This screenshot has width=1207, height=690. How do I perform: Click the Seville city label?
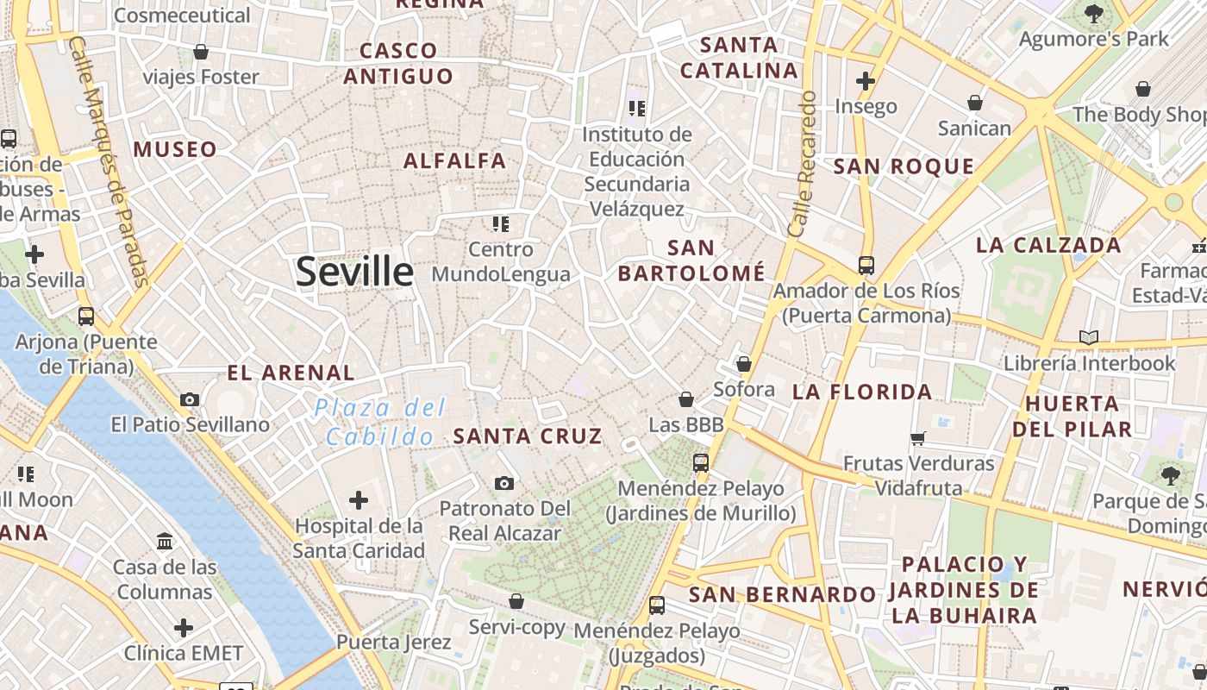pyautogui.click(x=354, y=272)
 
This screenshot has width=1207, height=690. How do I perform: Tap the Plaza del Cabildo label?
pyautogui.click(x=380, y=422)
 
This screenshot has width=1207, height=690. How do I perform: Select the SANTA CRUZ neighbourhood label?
pyautogui.click(x=528, y=436)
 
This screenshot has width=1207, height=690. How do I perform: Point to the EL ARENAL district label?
pyautogui.click(x=291, y=373)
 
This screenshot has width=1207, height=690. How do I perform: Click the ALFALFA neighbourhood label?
pyautogui.click(x=455, y=160)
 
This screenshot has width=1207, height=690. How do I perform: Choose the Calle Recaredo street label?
pyautogui.click(x=802, y=164)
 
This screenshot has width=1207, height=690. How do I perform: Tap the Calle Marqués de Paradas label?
pyautogui.click(x=109, y=161)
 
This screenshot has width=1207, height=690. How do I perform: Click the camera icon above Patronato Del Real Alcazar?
pyautogui.click(x=504, y=483)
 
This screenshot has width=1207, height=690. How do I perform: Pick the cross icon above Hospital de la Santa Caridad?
pyautogui.click(x=359, y=500)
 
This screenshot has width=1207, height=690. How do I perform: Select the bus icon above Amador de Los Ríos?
pyautogui.click(x=866, y=266)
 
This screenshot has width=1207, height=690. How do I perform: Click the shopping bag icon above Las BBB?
pyautogui.click(x=686, y=399)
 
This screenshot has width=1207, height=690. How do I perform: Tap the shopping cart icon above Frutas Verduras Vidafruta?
pyautogui.click(x=918, y=438)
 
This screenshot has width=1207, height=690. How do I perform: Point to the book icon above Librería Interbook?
pyautogui.click(x=1089, y=337)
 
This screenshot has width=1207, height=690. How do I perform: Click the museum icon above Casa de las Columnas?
pyautogui.click(x=165, y=542)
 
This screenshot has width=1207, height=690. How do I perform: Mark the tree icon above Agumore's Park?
pyautogui.click(x=1094, y=14)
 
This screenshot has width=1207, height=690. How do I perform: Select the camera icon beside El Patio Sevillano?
pyautogui.click(x=190, y=399)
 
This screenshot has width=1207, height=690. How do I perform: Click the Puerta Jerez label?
pyautogui.click(x=393, y=643)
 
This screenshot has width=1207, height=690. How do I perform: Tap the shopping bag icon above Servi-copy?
pyautogui.click(x=516, y=601)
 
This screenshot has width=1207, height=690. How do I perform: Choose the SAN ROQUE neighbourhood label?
pyautogui.click(x=904, y=166)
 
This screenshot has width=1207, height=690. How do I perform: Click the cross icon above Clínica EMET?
pyautogui.click(x=184, y=628)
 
